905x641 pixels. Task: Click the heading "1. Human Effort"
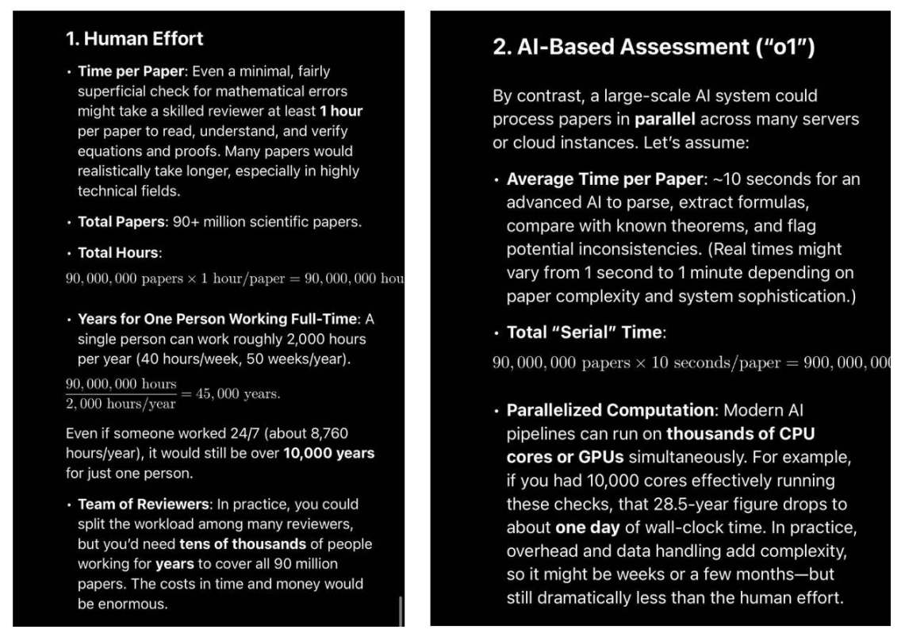click(135, 38)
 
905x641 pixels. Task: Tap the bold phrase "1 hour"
click(341, 111)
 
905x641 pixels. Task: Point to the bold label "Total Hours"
click(119, 253)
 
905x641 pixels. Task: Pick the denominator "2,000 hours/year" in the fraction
click(121, 404)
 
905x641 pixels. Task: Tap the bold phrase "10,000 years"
click(329, 454)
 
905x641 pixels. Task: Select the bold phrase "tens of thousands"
click(243, 544)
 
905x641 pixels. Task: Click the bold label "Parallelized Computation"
click(610, 411)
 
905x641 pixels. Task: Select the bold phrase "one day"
click(587, 528)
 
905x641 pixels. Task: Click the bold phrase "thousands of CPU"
click(741, 434)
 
